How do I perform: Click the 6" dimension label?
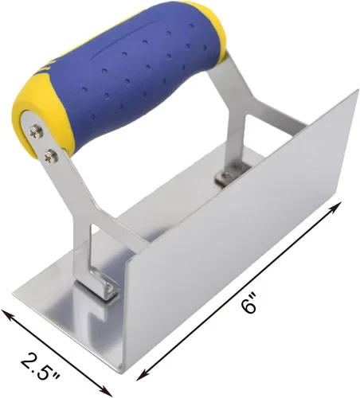[249, 303]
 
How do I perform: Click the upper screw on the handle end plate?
[36, 131]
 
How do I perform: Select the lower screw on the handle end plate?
[51, 157]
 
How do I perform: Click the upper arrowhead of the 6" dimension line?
[335, 207]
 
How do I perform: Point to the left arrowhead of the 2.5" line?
[7, 314]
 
